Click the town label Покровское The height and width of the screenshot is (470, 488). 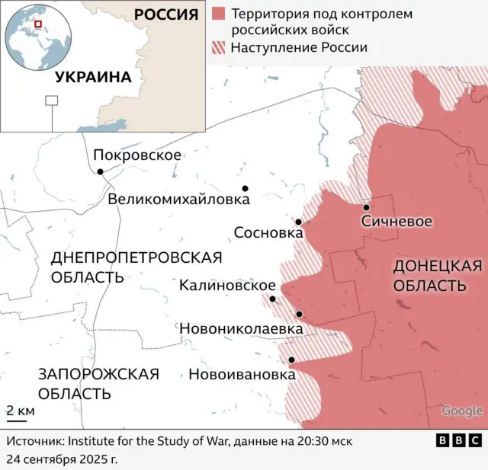pos(137,155)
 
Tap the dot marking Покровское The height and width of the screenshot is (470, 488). pos(100,171)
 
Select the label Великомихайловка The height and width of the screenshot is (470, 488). pos(179,200)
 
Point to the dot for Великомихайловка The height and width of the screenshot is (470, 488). pos(245,188)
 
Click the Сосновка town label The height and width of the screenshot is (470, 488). pos(268,232)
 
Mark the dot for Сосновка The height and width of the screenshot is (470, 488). pos(299,222)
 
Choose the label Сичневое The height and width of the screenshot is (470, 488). pos(396,222)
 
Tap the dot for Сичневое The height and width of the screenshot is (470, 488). pos(366,207)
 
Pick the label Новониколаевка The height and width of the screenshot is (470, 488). pos(241,328)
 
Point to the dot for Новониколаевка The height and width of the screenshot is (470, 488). pos(300,314)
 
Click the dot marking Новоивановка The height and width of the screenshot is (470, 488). pos(291,360)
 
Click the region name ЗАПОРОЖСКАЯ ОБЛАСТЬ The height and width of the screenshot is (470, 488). pos(98,383)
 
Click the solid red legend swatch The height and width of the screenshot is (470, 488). pos(219,14)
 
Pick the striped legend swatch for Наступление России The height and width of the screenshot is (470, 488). pos(219,47)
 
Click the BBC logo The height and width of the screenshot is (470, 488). pos(458,440)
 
